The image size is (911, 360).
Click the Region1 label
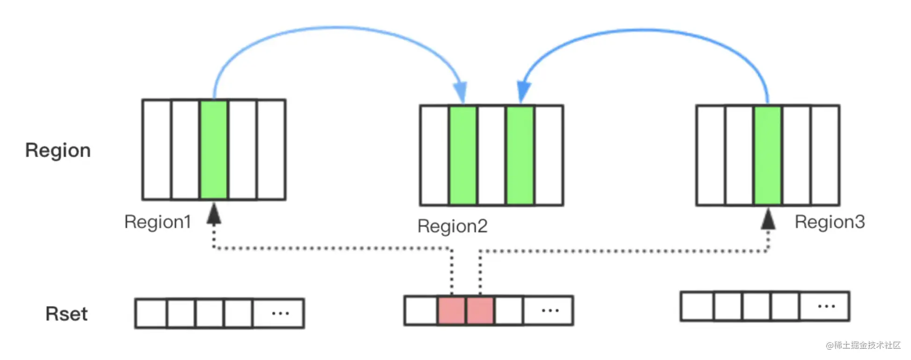(158, 222)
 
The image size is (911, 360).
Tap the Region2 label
(452, 226)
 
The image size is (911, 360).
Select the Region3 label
(830, 222)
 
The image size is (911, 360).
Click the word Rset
(66, 314)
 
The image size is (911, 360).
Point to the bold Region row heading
(58, 151)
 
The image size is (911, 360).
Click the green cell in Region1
(214, 150)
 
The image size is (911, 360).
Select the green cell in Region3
(767, 155)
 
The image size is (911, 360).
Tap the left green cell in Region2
(463, 155)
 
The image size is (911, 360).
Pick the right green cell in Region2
(520, 155)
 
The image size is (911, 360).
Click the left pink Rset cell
(451, 310)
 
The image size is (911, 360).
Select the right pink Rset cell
(480, 310)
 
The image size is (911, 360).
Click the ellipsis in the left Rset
(281, 313)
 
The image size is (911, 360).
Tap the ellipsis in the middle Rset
(550, 310)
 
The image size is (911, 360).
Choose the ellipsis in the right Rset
(827, 306)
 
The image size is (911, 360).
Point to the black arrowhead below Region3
(768, 218)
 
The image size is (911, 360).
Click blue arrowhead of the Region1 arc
(461, 92)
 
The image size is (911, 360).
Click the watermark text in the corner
(863, 345)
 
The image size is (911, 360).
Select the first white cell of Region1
(157, 150)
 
